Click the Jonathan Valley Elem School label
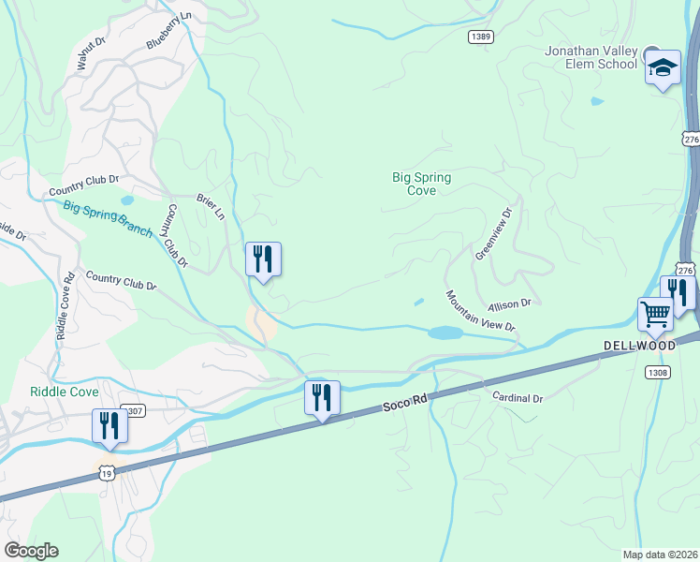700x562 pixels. point(591,57)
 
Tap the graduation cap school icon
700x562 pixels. point(663,67)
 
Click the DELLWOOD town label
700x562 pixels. point(639,346)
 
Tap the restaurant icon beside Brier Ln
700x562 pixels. point(263,259)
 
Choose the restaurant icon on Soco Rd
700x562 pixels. point(322,397)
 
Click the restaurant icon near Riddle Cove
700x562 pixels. point(109,426)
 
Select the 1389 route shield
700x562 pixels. point(481,37)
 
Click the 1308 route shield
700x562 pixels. point(657,373)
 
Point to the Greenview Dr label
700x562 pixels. point(496,233)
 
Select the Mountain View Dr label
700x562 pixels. point(480,311)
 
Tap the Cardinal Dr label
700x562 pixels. point(518,398)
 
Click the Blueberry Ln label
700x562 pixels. point(168,30)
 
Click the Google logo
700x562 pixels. point(31,551)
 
